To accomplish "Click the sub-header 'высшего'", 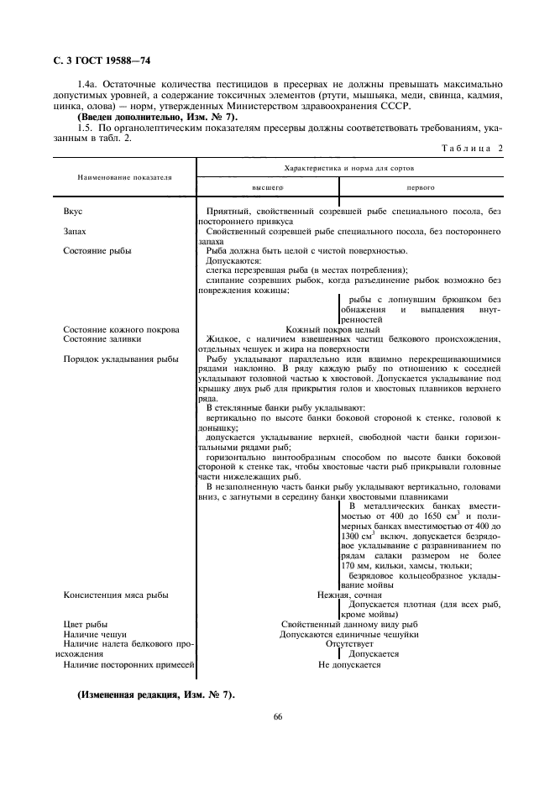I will (x=269, y=188).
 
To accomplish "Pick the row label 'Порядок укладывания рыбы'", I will (x=120, y=359).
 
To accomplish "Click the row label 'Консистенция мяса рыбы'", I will (x=116, y=595).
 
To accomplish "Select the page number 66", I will (x=277, y=716).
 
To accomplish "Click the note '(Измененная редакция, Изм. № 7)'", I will (x=155, y=696).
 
